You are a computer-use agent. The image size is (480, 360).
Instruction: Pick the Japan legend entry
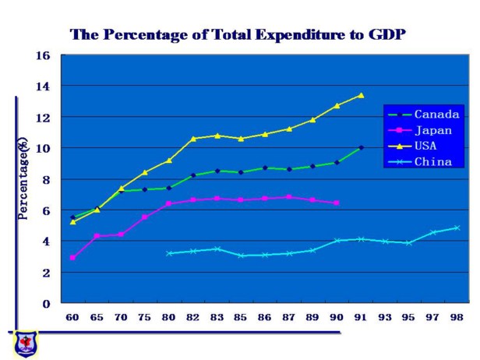point(433,130)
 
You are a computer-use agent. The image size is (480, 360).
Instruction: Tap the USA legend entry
point(428,146)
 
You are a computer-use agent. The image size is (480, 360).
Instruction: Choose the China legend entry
point(433,162)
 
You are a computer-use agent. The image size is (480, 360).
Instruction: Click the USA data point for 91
point(361,95)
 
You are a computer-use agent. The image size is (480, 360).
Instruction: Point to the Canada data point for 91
point(361,147)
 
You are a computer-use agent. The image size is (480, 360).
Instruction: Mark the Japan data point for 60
point(72,258)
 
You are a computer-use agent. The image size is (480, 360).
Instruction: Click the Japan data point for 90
point(337,203)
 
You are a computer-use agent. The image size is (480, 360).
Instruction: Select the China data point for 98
point(457,228)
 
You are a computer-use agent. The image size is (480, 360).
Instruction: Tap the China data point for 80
point(169,253)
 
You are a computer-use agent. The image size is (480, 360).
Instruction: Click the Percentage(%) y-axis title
point(24,180)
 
